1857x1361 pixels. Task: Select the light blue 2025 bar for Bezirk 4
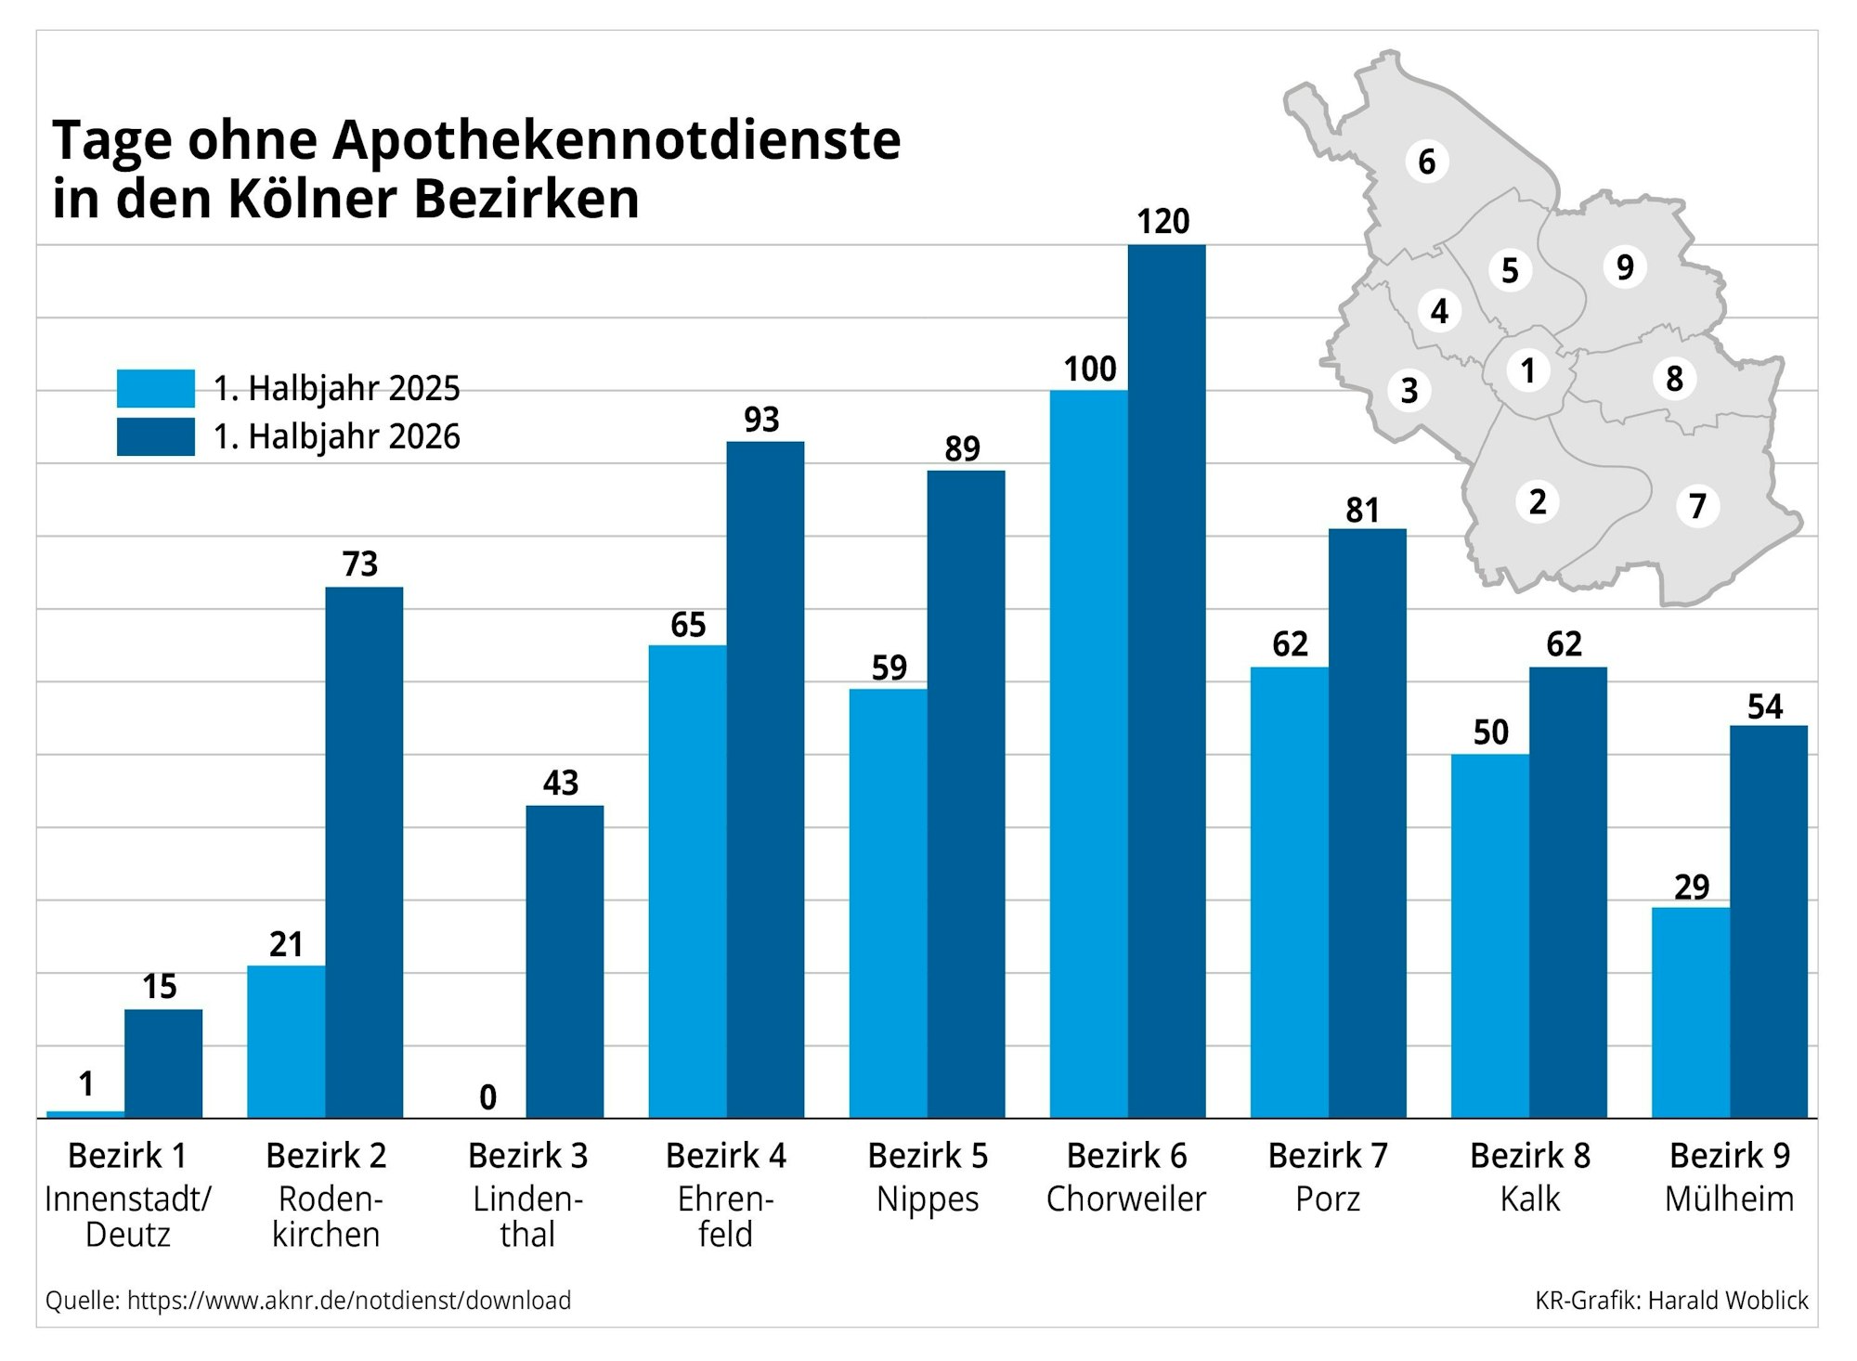[x=687, y=882]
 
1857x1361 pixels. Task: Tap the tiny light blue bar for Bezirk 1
[x=85, y=1113]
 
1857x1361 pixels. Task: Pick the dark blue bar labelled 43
[x=565, y=961]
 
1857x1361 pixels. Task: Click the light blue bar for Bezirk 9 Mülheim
[x=1690, y=1012]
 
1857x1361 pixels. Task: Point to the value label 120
[x=1162, y=222]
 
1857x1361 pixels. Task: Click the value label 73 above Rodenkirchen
[x=360, y=564]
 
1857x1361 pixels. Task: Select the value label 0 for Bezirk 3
[x=487, y=1097]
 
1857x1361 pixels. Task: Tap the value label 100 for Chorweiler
[x=1089, y=369]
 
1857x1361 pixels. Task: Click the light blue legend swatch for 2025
[x=155, y=388]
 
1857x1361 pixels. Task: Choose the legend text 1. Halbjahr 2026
[x=336, y=436]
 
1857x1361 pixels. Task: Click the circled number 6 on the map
[x=1426, y=162]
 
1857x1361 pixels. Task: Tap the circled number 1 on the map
[x=1527, y=371]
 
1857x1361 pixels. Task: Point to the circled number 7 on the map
[x=1697, y=507]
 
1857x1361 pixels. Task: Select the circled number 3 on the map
[x=1409, y=391]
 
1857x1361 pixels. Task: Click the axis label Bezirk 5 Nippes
[x=927, y=1177]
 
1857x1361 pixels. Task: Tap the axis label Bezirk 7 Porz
[x=1327, y=1177]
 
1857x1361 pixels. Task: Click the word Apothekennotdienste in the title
[x=617, y=141]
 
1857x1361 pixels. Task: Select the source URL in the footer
[x=348, y=1301]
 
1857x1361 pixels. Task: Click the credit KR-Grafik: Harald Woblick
[x=1670, y=1301]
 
